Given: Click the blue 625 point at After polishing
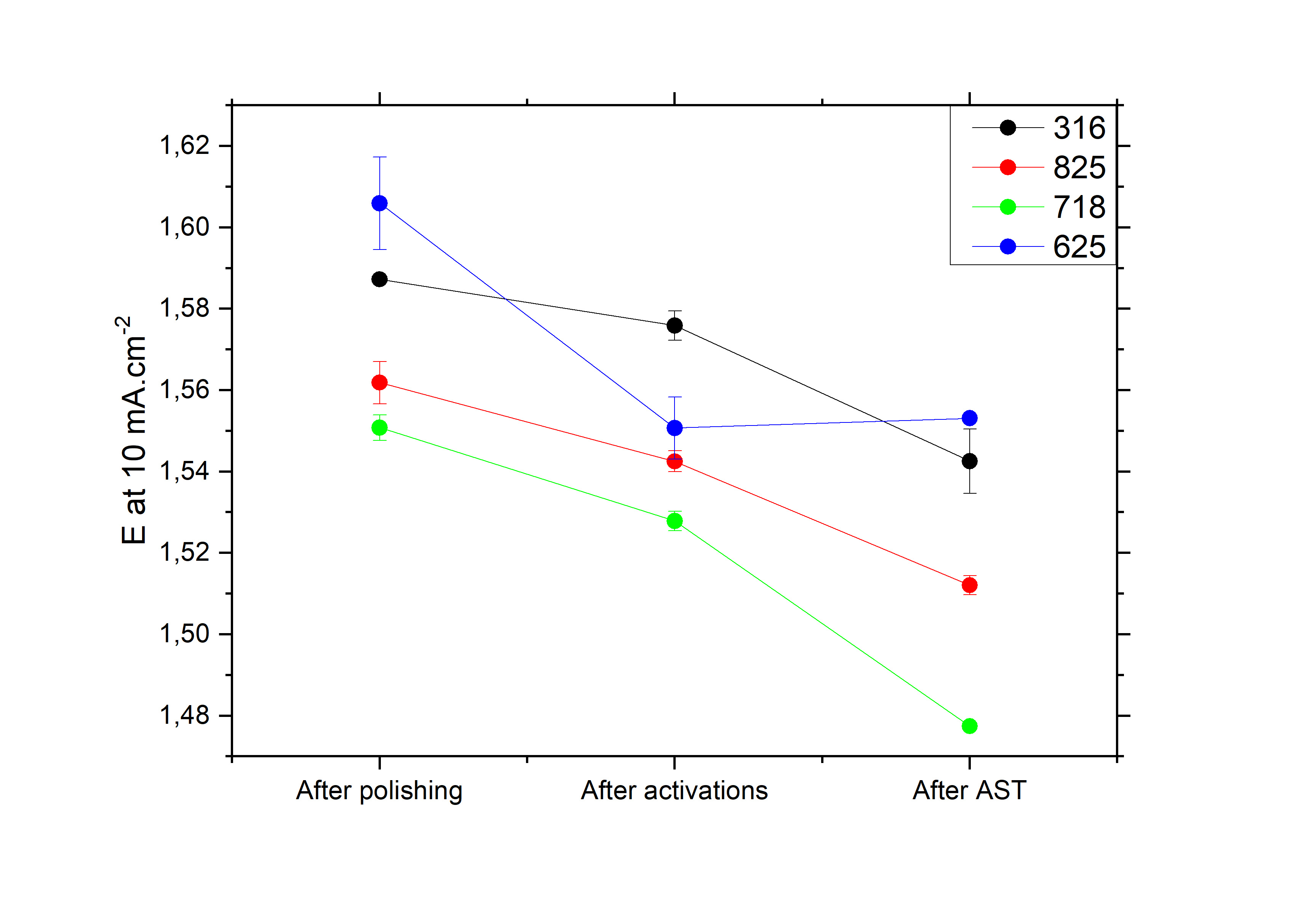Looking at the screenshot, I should point(379,203).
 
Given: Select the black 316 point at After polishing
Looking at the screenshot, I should point(379,279).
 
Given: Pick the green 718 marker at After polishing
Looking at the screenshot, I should point(379,427).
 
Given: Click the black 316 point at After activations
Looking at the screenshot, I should point(675,326).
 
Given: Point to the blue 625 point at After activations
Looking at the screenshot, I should point(675,428).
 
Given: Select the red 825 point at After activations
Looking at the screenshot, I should point(675,461).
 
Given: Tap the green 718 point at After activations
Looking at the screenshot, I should point(675,521).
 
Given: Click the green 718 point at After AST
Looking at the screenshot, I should point(970,726).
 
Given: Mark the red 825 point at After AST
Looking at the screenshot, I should point(970,585).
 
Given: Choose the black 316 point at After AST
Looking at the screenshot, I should point(970,461).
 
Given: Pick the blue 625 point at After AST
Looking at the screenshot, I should point(970,418).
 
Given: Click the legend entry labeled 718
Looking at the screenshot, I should point(1079,207).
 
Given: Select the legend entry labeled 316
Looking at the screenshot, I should point(1079,128).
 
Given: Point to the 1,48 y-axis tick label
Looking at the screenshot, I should point(184,716).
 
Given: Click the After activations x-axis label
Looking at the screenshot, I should point(675,790).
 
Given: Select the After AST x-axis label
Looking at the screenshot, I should point(970,790).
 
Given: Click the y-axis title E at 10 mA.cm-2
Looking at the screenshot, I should point(133,430).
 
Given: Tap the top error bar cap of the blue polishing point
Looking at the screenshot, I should point(379,157).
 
